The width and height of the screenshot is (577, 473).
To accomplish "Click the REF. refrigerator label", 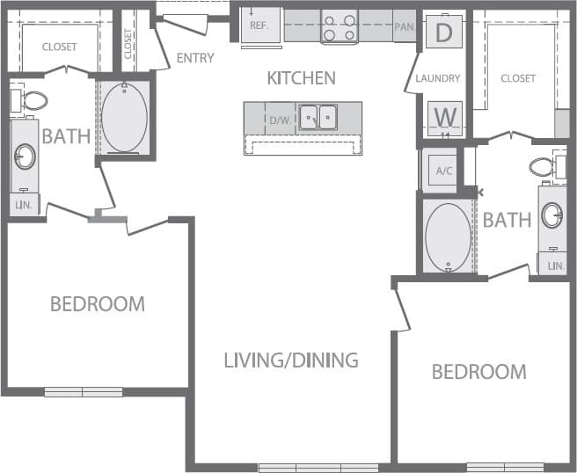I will click(x=259, y=26).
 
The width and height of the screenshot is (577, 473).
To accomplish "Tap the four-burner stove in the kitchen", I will click(x=340, y=27).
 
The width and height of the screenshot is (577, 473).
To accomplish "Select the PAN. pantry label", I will click(x=405, y=26).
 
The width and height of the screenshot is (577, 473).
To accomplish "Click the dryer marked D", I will click(x=444, y=33).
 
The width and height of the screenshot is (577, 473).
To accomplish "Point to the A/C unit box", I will click(x=444, y=171).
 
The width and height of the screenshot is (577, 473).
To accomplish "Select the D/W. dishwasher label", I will click(x=280, y=119).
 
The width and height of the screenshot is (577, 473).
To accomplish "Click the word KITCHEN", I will click(x=301, y=78).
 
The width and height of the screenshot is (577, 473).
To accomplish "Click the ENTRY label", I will click(x=195, y=59).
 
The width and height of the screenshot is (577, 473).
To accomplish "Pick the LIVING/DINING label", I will click(x=290, y=360).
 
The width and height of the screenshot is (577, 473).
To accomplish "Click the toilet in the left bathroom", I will click(x=32, y=99).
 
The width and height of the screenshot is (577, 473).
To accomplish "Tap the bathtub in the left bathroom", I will click(x=124, y=119).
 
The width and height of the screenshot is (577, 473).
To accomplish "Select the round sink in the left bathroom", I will click(x=25, y=157).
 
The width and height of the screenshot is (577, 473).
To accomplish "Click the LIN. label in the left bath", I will click(x=23, y=205).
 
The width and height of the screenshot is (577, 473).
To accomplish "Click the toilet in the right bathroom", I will click(x=544, y=166).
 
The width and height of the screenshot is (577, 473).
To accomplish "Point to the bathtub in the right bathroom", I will click(x=448, y=236).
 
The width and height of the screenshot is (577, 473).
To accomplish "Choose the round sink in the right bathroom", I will click(x=552, y=215).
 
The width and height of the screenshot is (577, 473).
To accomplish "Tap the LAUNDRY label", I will click(x=438, y=78).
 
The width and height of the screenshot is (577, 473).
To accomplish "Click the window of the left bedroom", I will click(x=84, y=392).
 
